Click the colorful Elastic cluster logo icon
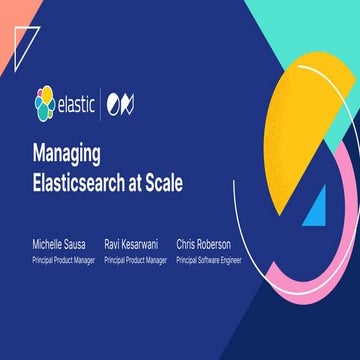[43, 101]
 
